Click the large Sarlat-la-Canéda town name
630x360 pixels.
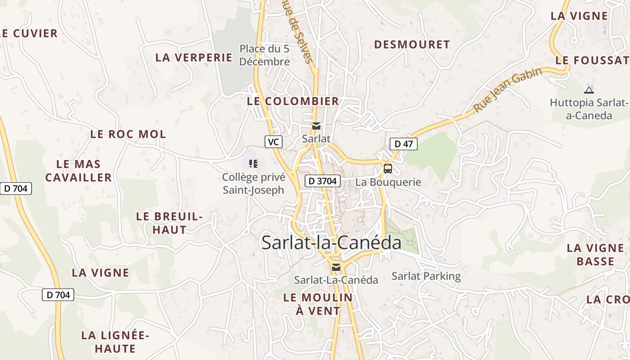coord(331,243)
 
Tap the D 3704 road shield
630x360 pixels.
coord(322,181)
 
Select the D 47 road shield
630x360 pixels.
coord(403,144)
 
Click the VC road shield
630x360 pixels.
coord(273,142)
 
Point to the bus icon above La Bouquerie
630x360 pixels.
coord(387,169)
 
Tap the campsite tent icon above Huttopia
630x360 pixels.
coord(589,90)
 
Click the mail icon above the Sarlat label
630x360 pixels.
coord(316,126)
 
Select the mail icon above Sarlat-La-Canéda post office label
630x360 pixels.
coord(336,267)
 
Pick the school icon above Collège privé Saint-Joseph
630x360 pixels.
coord(253,164)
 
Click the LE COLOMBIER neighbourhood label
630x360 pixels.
coord(293,101)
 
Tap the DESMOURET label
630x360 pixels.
coord(412,45)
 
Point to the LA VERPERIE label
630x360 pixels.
coord(193,58)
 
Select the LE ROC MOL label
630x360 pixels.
coord(128,134)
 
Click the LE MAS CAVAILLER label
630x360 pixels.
coord(78,171)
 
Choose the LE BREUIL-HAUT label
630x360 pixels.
coord(169,223)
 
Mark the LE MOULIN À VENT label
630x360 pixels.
coord(318,304)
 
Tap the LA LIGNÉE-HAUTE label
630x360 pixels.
coord(108,342)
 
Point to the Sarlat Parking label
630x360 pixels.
coord(426,276)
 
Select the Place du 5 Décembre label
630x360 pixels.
coord(264,55)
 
